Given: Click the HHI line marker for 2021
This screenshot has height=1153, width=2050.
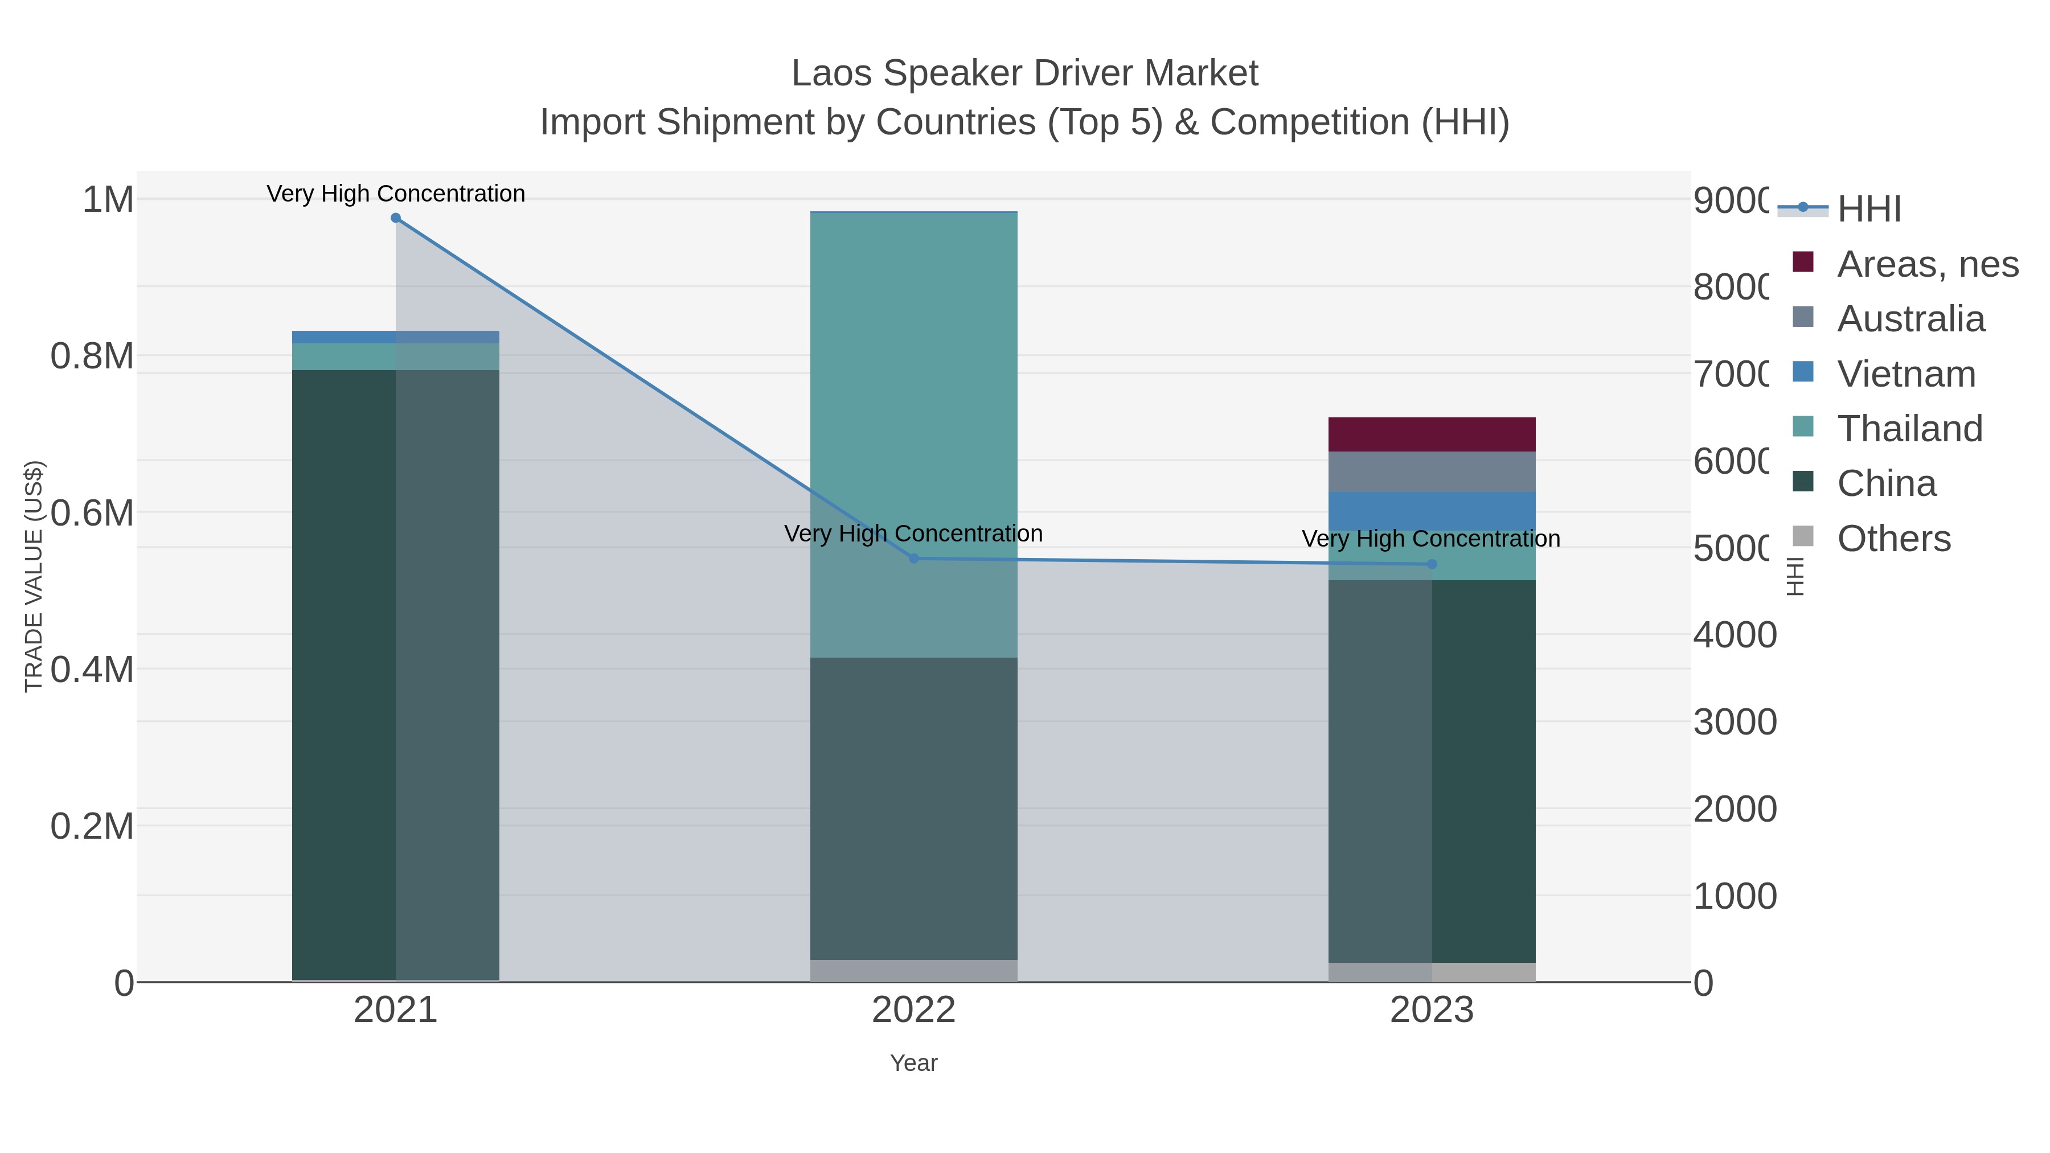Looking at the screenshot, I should (x=396, y=218).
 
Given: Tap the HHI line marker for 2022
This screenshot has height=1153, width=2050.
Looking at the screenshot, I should (x=913, y=559).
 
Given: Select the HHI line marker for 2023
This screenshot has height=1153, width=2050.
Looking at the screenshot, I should (x=1432, y=564).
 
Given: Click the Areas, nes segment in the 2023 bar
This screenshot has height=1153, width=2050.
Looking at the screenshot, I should (x=1432, y=434).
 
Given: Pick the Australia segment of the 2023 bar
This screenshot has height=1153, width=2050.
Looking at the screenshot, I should (x=1432, y=472).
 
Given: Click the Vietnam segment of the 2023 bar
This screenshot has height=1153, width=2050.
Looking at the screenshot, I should (x=1432, y=511).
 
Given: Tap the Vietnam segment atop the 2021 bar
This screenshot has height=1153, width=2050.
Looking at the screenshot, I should (x=396, y=338).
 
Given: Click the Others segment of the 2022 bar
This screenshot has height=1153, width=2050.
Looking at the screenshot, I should (x=913, y=971).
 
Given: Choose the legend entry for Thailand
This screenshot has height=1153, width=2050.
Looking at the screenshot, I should (x=1909, y=429).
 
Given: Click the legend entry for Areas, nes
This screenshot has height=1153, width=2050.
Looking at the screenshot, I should (x=1926, y=264).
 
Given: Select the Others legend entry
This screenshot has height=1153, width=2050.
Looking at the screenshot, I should (x=1893, y=539).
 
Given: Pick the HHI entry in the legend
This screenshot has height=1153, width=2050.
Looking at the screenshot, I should (x=1868, y=210).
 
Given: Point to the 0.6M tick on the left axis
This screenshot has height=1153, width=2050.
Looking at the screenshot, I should (x=92, y=513).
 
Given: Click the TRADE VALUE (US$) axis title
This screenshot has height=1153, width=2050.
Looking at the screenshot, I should (x=34, y=576).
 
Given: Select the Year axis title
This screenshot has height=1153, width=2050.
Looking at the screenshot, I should (x=913, y=1063).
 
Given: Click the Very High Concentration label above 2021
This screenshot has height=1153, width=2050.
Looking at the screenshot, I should (x=396, y=194).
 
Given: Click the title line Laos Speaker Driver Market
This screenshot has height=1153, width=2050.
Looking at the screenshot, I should (x=1024, y=73).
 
